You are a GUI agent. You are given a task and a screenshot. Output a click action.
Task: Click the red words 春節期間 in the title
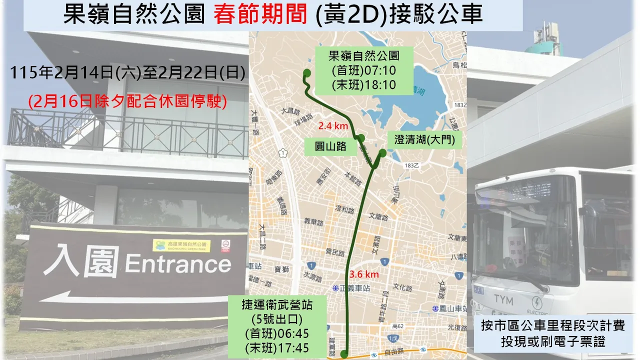click(x=260, y=15)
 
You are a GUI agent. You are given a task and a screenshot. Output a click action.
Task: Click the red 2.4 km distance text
click(x=334, y=126)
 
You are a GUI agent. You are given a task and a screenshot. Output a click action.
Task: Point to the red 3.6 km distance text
click(x=364, y=274)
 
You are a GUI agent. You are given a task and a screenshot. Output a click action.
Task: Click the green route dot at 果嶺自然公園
click(x=307, y=74)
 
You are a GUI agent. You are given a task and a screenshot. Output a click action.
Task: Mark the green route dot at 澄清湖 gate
click(x=382, y=152)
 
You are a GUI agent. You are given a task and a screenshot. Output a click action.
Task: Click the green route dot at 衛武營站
click(x=344, y=354)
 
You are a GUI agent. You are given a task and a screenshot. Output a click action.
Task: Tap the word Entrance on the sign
click(x=178, y=263)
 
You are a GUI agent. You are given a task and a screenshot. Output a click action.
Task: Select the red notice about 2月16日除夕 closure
click(x=128, y=102)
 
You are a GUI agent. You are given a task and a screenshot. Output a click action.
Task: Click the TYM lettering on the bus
click(x=503, y=299)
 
